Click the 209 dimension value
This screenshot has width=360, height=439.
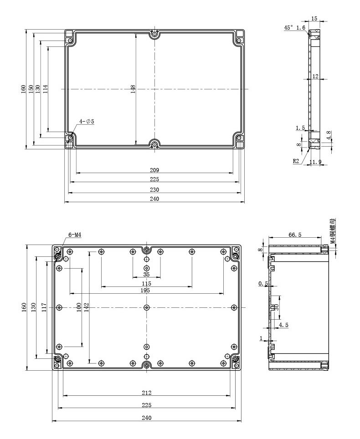(154, 170)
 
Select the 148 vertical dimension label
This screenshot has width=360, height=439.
(133, 89)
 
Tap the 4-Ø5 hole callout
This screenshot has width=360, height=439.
(87, 121)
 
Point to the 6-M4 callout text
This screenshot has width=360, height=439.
(75, 235)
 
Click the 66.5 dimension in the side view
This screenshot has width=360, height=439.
(295, 235)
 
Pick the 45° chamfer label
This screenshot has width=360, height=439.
(288, 27)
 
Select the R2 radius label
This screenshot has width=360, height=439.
(296, 161)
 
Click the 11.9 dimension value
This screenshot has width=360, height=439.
(315, 162)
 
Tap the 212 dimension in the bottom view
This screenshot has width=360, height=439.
(147, 393)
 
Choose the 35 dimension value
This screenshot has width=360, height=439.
(146, 274)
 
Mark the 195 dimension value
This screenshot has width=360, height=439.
(145, 291)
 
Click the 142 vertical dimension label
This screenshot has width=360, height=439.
(86, 307)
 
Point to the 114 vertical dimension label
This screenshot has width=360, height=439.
(46, 89)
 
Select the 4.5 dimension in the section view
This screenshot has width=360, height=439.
(283, 325)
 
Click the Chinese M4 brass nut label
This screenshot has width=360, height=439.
(333, 231)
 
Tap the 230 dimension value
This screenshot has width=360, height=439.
(154, 189)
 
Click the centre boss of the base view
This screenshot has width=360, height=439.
(147, 307)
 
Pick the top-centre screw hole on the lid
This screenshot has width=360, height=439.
(154, 34)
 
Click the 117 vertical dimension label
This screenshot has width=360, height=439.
(43, 307)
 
